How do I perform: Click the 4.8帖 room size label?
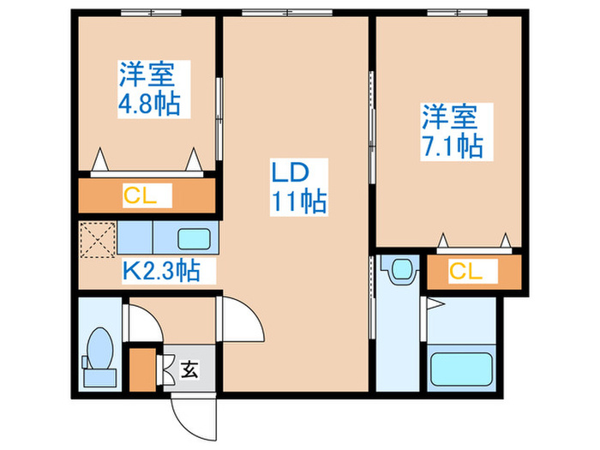click(149, 104)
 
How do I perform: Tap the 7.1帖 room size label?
click(452, 146)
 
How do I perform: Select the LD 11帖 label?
click(299, 187)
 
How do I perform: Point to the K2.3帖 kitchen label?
click(161, 271)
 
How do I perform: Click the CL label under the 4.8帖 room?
click(140, 195)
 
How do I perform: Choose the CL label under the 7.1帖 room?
click(465, 271)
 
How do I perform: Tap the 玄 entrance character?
click(190, 369)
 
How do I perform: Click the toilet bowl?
click(100, 348)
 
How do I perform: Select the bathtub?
click(461, 369)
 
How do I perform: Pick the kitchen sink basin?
click(194, 239)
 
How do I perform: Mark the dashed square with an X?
click(98, 239)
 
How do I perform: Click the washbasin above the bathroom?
click(401, 268)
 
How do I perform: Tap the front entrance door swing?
click(193, 417)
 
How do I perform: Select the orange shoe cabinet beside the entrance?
click(142, 369)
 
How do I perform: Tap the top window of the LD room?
click(287, 13)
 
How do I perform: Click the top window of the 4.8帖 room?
click(151, 13)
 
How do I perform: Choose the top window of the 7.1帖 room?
click(457, 13)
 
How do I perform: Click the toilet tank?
click(100, 378)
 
